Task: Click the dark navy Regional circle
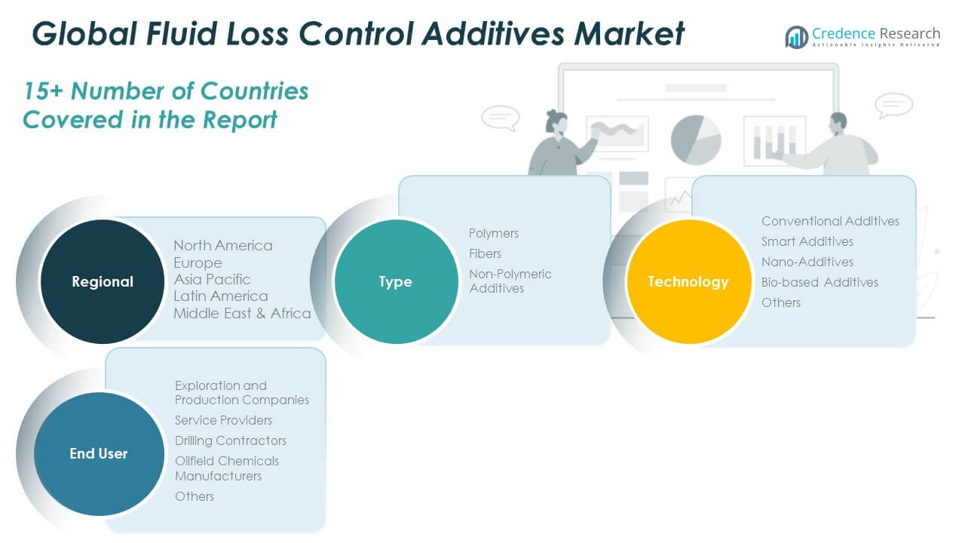click(x=102, y=281)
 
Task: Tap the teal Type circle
click(x=395, y=281)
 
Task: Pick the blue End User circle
click(x=99, y=453)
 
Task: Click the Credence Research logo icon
click(x=796, y=36)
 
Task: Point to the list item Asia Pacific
click(x=212, y=279)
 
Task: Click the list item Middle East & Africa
click(x=242, y=313)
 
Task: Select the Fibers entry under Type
click(x=485, y=253)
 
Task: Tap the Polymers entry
click(x=494, y=233)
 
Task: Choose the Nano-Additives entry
click(x=807, y=262)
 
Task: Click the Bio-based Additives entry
click(x=819, y=282)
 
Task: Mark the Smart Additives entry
click(x=807, y=241)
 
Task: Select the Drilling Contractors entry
click(x=231, y=440)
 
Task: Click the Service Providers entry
click(x=223, y=420)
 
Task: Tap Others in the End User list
click(x=195, y=496)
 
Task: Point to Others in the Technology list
click(x=781, y=302)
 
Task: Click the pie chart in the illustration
click(x=695, y=140)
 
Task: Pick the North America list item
click(x=223, y=245)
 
